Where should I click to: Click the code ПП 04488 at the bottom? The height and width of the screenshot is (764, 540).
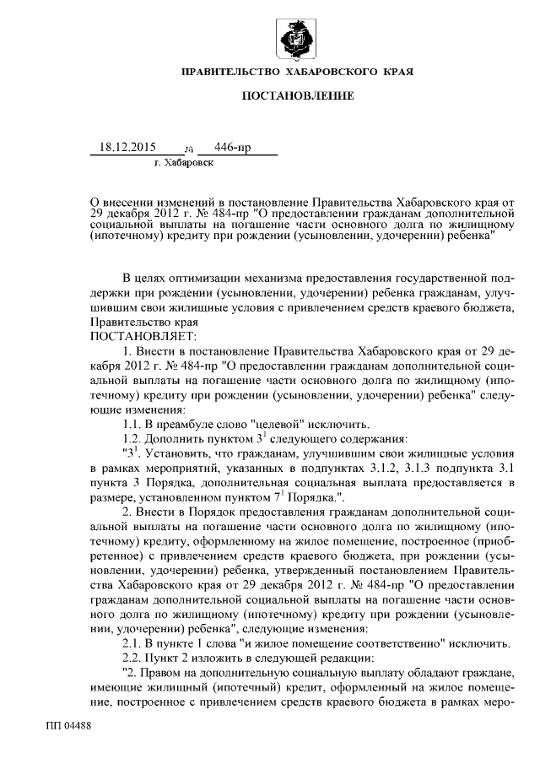click(x=69, y=725)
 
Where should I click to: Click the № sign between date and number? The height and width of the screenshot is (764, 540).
click(x=188, y=148)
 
